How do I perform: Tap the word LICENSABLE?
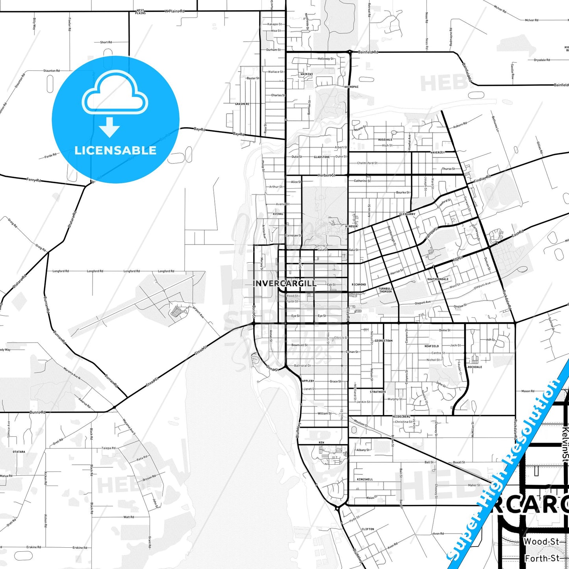click(115, 150)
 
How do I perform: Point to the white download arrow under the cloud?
click(109, 127)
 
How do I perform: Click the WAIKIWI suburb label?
click(307, 74)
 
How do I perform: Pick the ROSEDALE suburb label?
click(385, 140)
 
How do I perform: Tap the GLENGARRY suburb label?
click(407, 214)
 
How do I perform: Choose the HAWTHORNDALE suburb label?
click(438, 279)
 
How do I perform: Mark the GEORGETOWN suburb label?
click(384, 341)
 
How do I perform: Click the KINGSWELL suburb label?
click(365, 479)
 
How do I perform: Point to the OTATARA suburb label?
click(19, 452)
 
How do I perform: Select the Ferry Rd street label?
click(34, 180)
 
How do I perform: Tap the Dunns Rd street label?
click(38, 412)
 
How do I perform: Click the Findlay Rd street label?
click(482, 178)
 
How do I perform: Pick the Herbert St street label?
click(326, 175)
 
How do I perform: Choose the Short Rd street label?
click(106, 42)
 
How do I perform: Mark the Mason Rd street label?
click(528, 391)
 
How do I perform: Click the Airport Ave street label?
click(198, 312)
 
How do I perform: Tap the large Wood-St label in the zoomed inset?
click(541, 542)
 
